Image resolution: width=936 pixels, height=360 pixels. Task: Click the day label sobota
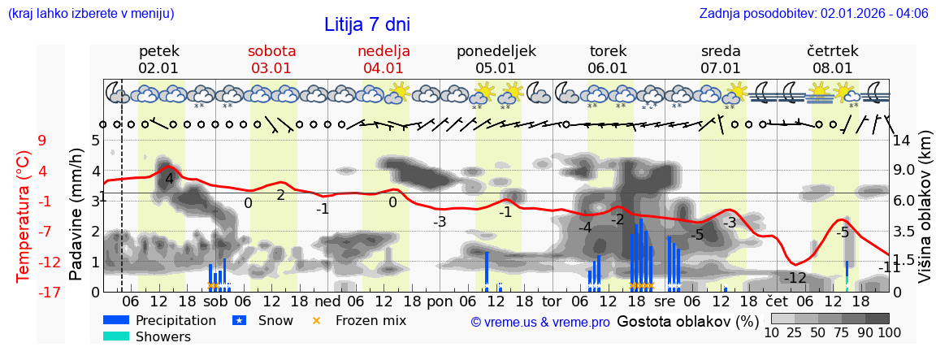coord(271,51)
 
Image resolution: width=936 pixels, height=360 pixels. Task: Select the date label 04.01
coord(383,68)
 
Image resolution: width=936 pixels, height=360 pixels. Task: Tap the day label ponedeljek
coord(496,51)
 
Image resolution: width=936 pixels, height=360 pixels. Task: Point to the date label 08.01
coord(832,68)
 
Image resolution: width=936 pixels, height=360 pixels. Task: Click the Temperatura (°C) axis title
coord(24,215)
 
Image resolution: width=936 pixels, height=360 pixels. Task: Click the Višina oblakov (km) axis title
coord(924,215)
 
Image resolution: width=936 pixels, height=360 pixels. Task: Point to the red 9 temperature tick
coord(41,141)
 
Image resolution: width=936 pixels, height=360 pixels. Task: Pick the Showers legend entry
coord(163,336)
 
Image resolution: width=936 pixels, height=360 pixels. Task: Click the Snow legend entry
coord(275,320)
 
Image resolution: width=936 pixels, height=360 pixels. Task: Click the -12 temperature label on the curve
coord(795,278)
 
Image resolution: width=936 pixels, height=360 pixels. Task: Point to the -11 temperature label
coord(890,267)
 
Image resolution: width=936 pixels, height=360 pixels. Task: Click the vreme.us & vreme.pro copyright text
coord(540,322)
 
